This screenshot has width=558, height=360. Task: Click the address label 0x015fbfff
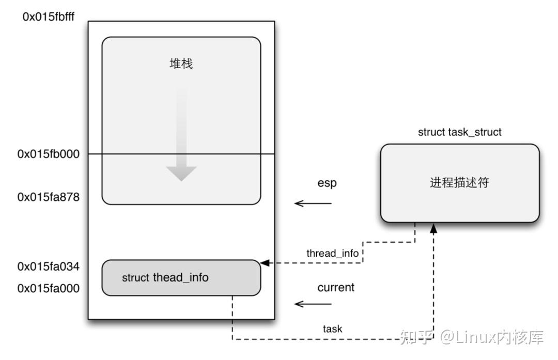(49, 17)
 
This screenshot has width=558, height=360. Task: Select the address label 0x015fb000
(49, 154)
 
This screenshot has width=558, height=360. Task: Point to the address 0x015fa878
(49, 197)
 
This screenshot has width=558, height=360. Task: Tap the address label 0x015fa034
(49, 267)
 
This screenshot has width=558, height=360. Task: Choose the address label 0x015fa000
(49, 288)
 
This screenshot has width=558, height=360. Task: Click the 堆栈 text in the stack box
(181, 64)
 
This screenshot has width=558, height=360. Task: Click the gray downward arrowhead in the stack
(181, 173)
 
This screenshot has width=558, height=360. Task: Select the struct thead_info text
(165, 278)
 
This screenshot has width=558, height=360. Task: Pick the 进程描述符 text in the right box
(459, 183)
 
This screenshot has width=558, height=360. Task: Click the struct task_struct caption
(459, 132)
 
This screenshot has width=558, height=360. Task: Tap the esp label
(327, 183)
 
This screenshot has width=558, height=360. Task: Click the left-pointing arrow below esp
(313, 204)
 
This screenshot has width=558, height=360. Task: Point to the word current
(336, 287)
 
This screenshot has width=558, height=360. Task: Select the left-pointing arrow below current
(313, 304)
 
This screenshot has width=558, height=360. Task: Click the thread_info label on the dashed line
(332, 253)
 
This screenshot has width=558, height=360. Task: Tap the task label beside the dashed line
(332, 328)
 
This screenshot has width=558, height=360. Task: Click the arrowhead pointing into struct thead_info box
(265, 263)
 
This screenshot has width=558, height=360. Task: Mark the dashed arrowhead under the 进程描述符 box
(433, 227)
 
